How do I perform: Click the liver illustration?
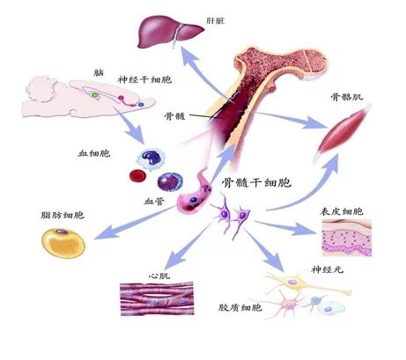pos(170,32)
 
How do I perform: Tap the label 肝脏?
pos(216,21)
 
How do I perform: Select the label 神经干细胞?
pos(144,79)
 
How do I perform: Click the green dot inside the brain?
pos(95,95)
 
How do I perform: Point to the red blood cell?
pos(137,176)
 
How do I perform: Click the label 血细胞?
pos(94,153)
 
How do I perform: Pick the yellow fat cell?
pos(63,243)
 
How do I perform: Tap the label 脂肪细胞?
pos(63,216)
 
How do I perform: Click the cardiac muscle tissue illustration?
pos(157,298)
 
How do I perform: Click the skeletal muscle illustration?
pos(343,132)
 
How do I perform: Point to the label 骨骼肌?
pos(347,97)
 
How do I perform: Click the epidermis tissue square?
pos(347,238)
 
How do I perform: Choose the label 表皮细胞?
pos(342,211)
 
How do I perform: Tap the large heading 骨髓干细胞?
pos(256,183)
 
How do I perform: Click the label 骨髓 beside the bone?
pos(175,116)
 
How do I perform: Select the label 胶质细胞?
pos(240,307)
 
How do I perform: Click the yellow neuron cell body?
pos(292,283)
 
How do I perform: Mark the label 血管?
pos(154,202)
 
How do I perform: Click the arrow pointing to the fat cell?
pos(135,223)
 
